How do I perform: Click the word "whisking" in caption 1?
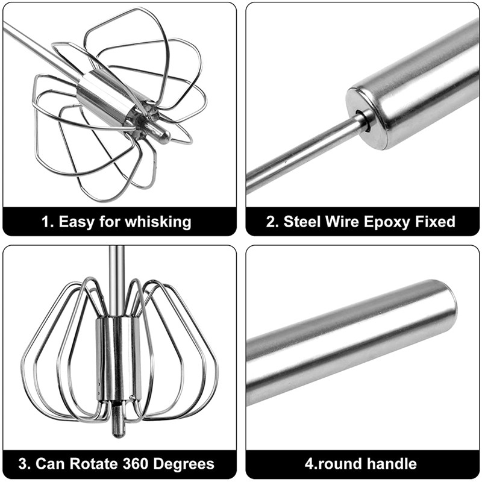(x=158, y=222)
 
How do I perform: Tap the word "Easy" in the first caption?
(x=77, y=222)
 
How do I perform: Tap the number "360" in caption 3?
(x=136, y=463)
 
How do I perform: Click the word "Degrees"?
(x=184, y=464)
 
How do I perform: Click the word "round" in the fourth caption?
(x=340, y=463)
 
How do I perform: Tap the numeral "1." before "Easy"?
(x=48, y=222)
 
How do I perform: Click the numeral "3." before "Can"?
(x=25, y=463)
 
